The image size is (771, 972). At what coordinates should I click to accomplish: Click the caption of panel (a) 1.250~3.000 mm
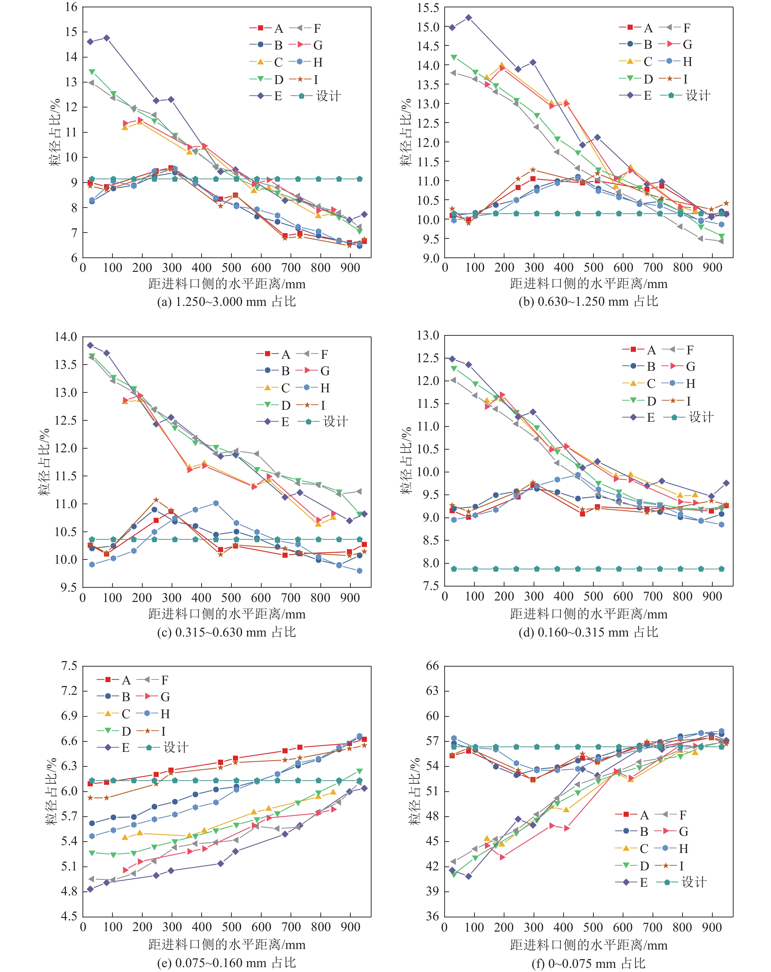226,302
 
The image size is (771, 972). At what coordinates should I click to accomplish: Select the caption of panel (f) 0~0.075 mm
588,963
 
